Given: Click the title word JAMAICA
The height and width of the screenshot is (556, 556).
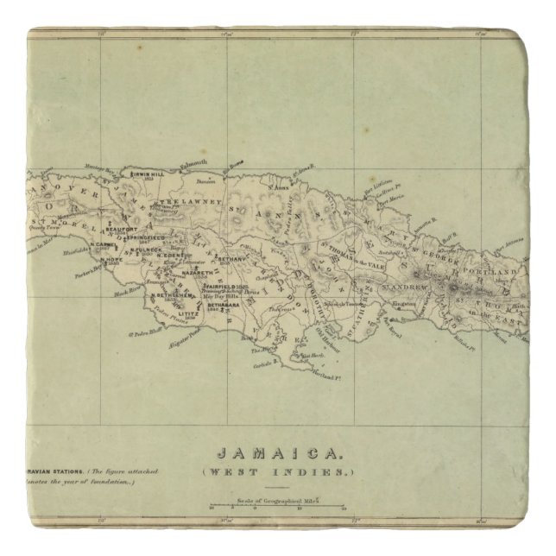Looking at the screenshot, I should click(277, 453).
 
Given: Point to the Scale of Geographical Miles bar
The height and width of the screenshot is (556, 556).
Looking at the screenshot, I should click(277, 506).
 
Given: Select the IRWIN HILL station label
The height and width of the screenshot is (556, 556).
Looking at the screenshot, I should click(146, 174).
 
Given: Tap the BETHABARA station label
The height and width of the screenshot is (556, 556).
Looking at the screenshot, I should click(223, 304).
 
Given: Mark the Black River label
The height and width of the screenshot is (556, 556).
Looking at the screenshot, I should click(127, 294).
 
